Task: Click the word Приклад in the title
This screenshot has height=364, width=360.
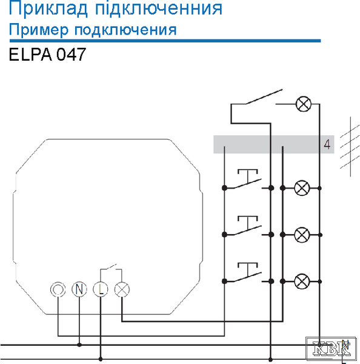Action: coord(48,8)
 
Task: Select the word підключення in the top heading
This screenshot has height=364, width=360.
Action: coord(159,8)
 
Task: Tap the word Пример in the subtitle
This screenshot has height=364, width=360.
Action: coord(39,30)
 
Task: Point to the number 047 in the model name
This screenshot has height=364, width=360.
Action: coord(71,55)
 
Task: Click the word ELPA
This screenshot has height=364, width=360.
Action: coord(30,55)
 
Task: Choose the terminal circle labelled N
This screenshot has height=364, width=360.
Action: coord(79,289)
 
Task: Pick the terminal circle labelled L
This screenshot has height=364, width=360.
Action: coord(101,289)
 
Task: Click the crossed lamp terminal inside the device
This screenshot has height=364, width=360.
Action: coord(122,289)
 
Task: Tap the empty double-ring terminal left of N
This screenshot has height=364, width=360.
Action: coord(58,289)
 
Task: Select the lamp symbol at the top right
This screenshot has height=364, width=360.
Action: coord(304,104)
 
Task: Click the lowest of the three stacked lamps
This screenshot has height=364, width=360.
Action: coord(302,281)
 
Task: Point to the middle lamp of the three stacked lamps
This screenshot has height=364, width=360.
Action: coord(302,235)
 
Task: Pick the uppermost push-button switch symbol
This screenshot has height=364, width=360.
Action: coord(247,180)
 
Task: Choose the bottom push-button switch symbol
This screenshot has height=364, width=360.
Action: coord(247,273)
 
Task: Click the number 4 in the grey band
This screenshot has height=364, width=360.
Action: coord(327,144)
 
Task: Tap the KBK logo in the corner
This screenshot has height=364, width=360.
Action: coord(331,348)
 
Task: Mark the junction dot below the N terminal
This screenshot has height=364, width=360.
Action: coord(79,345)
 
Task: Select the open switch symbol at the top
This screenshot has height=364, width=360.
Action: coord(264,97)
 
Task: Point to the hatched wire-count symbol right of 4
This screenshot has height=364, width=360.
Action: coord(350,147)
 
